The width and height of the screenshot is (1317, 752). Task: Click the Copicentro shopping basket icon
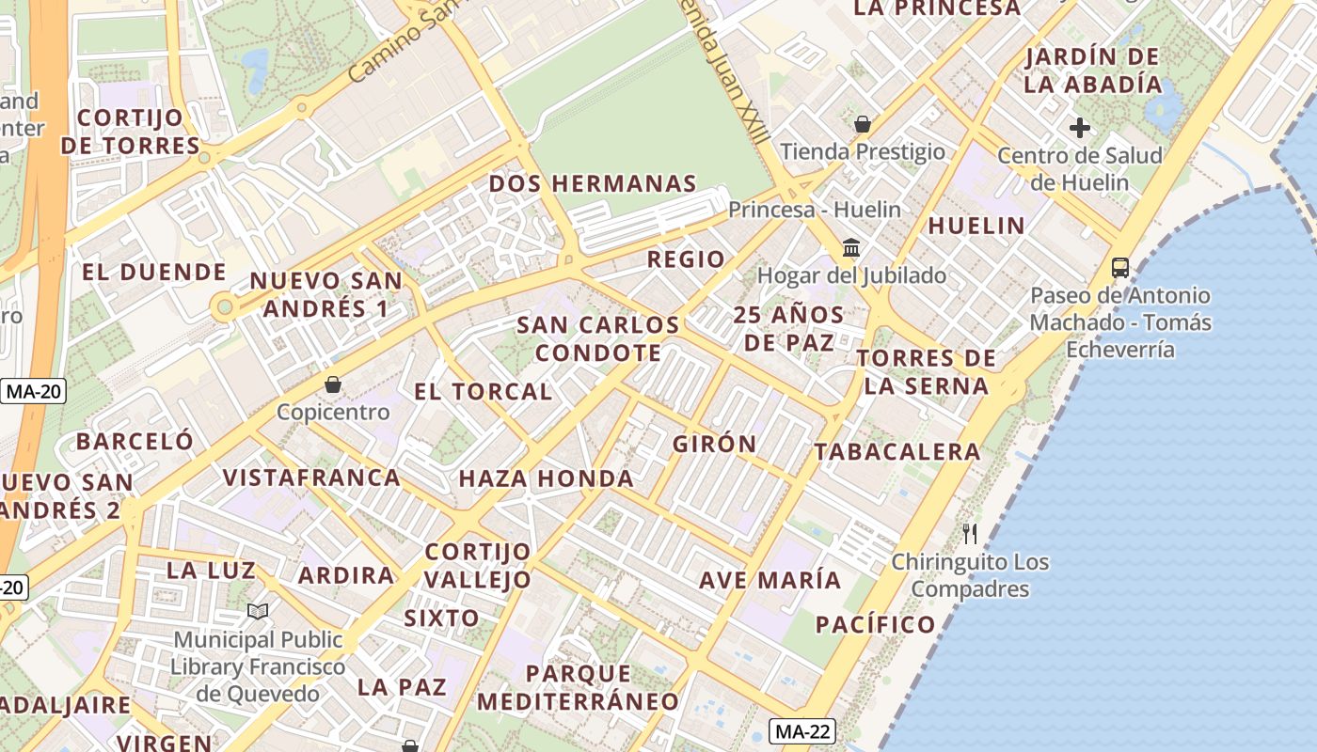pyautogui.click(x=332, y=384)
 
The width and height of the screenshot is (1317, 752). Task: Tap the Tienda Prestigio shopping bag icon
pyautogui.click(x=862, y=124)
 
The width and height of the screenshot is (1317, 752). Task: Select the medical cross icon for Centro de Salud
pyautogui.click(x=1080, y=128)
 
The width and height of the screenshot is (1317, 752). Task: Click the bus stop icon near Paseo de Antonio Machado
pyautogui.click(x=1119, y=267)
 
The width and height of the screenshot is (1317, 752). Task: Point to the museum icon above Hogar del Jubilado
pyautogui.click(x=851, y=248)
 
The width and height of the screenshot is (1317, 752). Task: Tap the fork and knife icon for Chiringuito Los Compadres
pyautogui.click(x=970, y=534)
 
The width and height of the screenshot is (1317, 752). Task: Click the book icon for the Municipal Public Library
pyautogui.click(x=258, y=612)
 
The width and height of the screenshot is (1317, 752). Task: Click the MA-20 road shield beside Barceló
pyautogui.click(x=34, y=391)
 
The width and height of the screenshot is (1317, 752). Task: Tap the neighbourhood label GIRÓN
pyautogui.click(x=714, y=444)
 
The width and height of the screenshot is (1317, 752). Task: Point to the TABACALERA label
pyautogui.click(x=897, y=452)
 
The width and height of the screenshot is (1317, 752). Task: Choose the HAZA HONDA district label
pyautogui.click(x=546, y=478)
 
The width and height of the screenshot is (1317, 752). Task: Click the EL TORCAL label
pyautogui.click(x=483, y=392)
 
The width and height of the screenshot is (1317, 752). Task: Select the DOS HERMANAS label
pyautogui.click(x=593, y=183)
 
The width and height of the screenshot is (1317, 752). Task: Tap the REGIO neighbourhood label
pyautogui.click(x=687, y=259)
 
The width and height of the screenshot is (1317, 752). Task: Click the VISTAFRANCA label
pyautogui.click(x=311, y=478)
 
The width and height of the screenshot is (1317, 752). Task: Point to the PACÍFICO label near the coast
pyautogui.click(x=875, y=624)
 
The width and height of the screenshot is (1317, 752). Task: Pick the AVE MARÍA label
pyautogui.click(x=770, y=580)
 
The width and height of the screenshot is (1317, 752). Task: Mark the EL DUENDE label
pyautogui.click(x=154, y=273)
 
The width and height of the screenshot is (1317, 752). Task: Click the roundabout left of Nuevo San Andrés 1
pyautogui.click(x=224, y=306)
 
